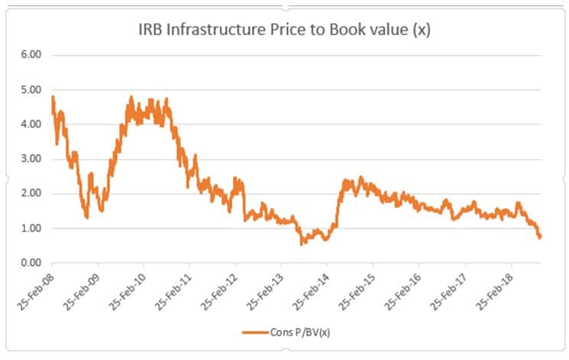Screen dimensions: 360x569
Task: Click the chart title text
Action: coord(285,31)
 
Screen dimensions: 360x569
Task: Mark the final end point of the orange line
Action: coord(541,236)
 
